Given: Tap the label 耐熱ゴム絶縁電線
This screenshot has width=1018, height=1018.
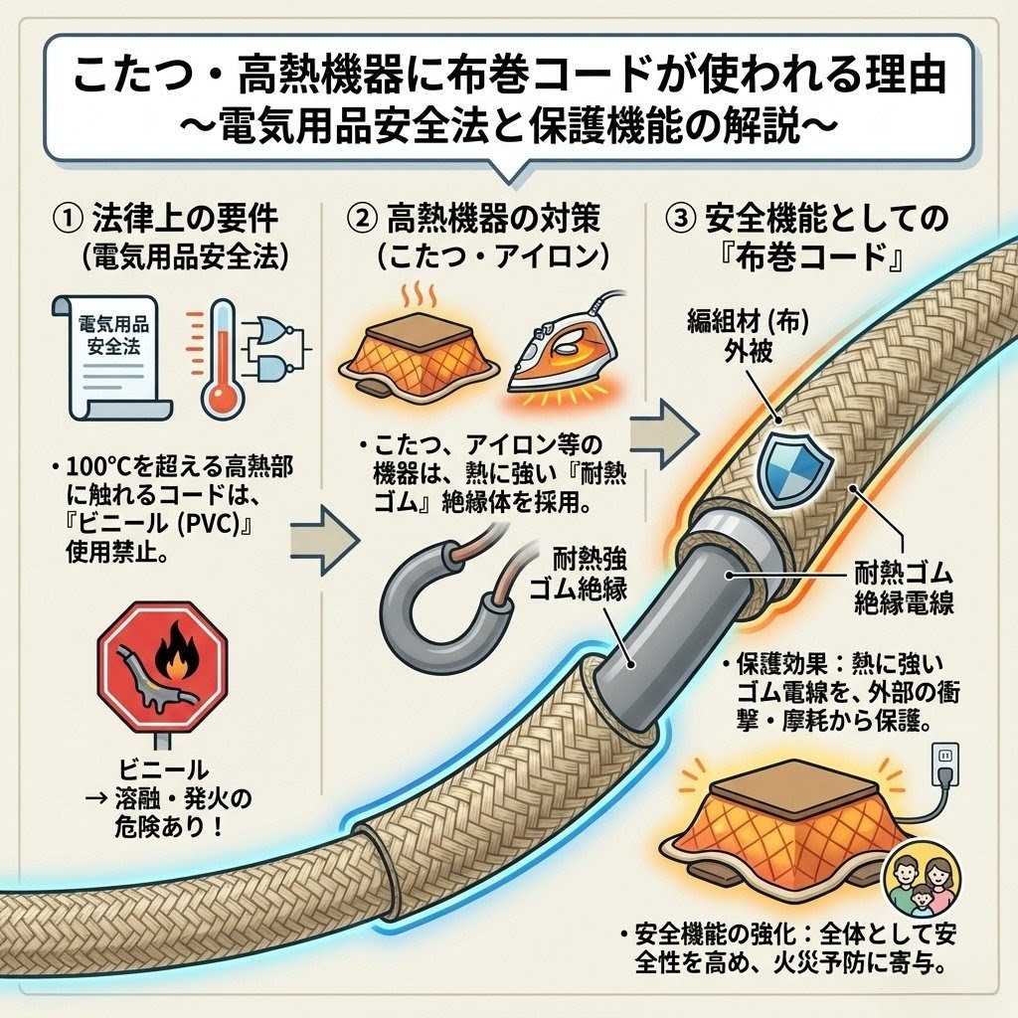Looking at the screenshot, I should click(905, 587).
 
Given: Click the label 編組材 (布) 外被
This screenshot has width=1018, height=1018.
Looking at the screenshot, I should click(737, 338).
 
